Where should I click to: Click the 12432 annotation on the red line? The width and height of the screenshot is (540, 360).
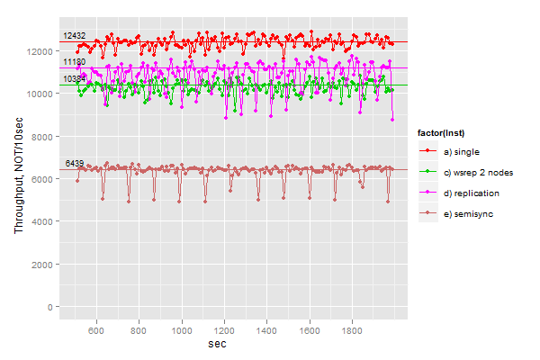click(74, 36)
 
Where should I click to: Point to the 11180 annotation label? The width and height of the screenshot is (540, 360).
click(74, 62)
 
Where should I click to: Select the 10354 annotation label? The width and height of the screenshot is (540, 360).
click(74, 79)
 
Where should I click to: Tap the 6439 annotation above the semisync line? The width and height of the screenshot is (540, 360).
click(74, 163)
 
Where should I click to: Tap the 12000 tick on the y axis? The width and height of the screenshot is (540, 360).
click(40, 51)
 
